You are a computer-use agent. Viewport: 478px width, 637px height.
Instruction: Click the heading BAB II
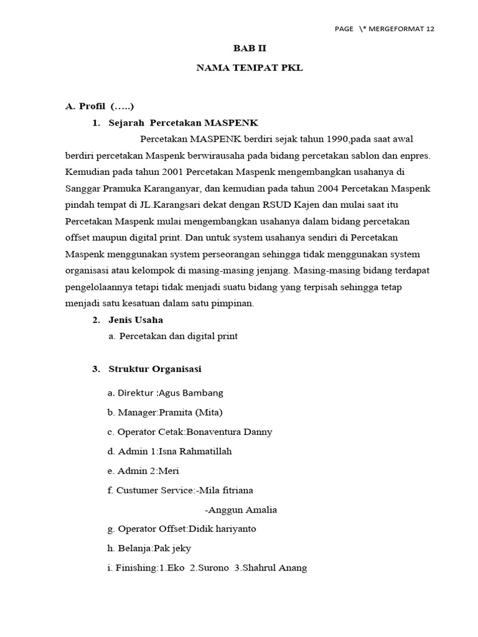[249, 48]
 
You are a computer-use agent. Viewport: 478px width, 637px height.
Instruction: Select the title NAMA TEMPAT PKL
[250, 68]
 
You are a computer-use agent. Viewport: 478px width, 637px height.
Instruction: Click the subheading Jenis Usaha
[136, 320]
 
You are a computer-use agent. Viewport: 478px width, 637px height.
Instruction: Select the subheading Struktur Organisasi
[155, 369]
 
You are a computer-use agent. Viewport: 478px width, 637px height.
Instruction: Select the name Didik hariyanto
[222, 529]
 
